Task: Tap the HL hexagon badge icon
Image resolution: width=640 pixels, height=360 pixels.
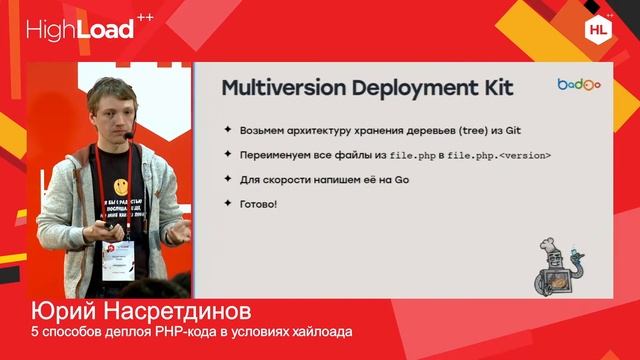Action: point(597,29)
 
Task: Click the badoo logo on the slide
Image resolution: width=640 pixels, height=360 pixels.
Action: point(578,85)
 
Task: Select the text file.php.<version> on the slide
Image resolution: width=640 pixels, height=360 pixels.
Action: point(498,156)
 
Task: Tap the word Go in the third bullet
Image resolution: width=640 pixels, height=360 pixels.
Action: point(399,180)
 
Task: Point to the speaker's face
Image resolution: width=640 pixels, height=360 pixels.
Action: point(108,107)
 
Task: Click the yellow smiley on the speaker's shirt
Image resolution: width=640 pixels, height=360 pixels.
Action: point(121,185)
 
